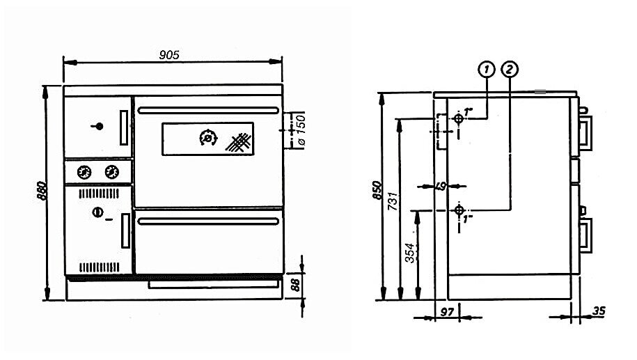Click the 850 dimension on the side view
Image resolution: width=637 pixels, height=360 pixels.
click(x=377, y=190)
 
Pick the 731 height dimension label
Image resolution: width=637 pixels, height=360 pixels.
click(x=393, y=201)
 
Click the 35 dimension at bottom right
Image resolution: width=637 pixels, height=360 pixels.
click(x=599, y=311)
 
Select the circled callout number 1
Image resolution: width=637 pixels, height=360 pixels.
click(x=486, y=69)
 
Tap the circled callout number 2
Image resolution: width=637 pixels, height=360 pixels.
click(x=510, y=69)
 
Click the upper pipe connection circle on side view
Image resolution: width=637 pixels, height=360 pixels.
click(x=458, y=120)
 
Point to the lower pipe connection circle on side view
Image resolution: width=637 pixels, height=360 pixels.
click(x=459, y=210)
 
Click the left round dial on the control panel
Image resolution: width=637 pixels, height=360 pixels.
click(x=84, y=171)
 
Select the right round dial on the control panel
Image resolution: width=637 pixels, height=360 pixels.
click(x=111, y=171)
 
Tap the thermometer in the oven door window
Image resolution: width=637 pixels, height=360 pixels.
click(x=207, y=139)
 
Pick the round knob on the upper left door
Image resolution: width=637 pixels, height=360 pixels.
click(x=100, y=126)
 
